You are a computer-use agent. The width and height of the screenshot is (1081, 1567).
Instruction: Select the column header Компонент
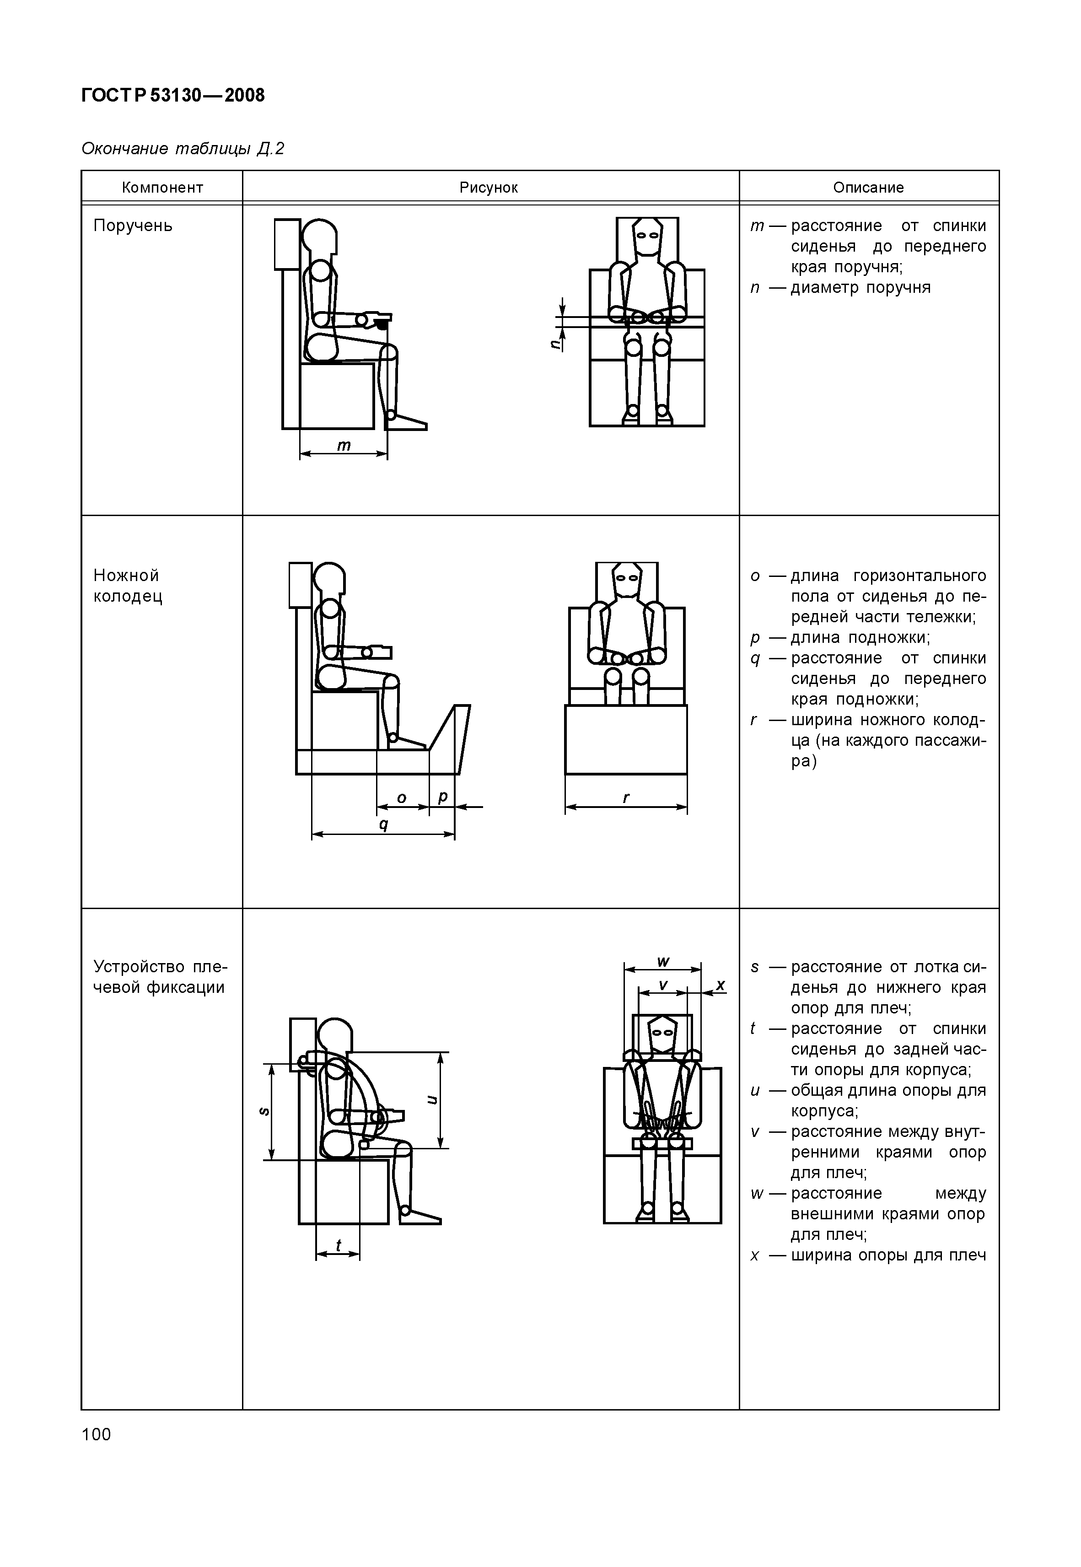[x=162, y=188]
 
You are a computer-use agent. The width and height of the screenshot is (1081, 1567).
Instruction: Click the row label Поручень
[x=133, y=226]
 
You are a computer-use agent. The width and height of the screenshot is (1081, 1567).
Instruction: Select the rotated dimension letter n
[x=555, y=344]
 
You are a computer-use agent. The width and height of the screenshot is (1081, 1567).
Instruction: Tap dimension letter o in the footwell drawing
[x=401, y=798]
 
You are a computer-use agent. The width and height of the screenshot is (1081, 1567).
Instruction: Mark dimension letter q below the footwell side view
[x=383, y=825]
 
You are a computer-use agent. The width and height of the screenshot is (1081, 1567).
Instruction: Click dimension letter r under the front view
[x=626, y=798]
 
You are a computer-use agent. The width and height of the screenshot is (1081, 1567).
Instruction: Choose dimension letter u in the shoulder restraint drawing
[x=431, y=1100]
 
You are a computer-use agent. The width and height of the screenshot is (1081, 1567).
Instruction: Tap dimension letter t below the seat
[x=338, y=1244]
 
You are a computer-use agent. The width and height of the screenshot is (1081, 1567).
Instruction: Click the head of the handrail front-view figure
[x=647, y=237]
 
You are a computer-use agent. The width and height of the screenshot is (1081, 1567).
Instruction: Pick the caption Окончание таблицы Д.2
[x=183, y=148]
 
